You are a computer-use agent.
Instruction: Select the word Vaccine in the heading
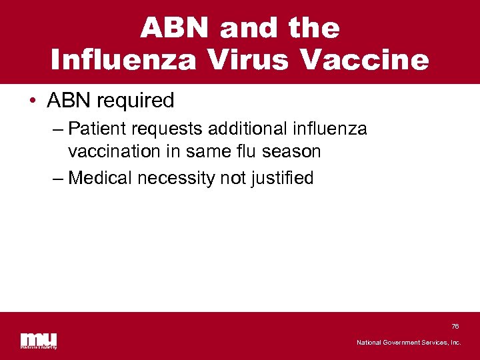point(365,60)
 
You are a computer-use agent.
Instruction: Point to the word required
point(135,101)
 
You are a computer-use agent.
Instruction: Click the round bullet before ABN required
point(33,101)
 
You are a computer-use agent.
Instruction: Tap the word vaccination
point(112,151)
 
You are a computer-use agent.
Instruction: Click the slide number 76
point(455,326)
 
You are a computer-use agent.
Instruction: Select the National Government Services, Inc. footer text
point(408,342)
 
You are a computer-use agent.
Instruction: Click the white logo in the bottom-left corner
point(38,339)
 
